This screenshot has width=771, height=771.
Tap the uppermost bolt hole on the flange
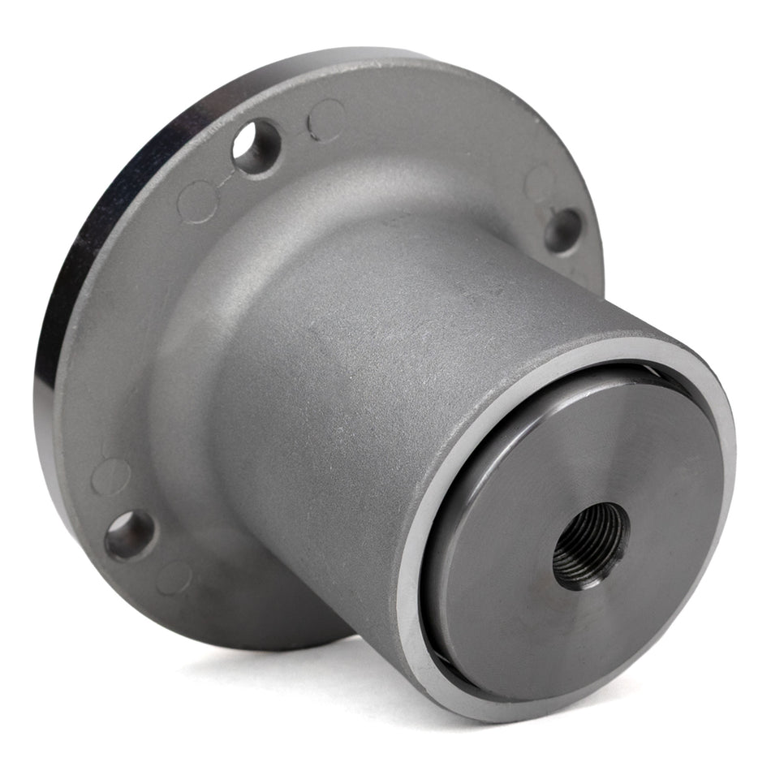[x=256, y=146]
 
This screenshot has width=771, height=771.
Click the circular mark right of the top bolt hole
[x=326, y=119]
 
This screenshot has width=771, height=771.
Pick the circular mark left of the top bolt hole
[x=197, y=200]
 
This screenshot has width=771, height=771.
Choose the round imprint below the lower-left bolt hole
[x=174, y=578]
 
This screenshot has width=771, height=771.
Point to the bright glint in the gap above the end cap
[x=641, y=369]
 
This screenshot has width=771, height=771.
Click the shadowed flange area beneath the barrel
[x=268, y=601]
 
